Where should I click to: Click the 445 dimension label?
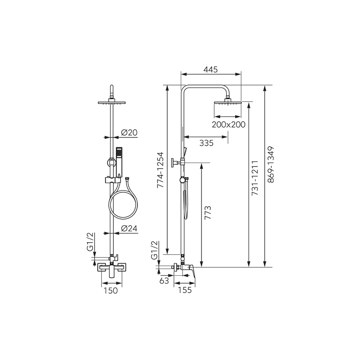pos(210,69)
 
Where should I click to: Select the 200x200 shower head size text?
pos(229,125)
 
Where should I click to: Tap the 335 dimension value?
pos(206,143)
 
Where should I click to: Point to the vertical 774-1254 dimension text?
pos(160,170)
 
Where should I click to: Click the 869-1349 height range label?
pos(271,165)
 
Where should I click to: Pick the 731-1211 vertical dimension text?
pos(255,178)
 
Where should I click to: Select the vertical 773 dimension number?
pos(208,213)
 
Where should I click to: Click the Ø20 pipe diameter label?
pos(129,132)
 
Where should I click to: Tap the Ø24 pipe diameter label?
pos(129,228)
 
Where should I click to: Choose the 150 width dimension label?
pos(111,291)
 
